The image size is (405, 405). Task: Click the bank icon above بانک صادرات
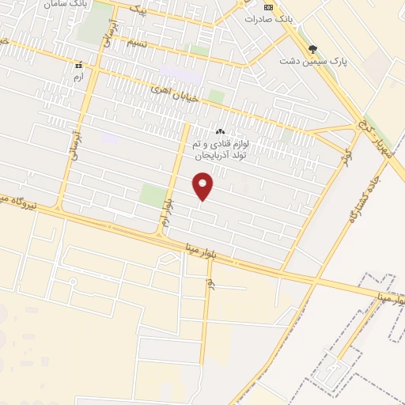(268, 7)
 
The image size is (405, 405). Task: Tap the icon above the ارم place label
(77, 65)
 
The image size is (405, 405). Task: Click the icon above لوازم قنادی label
(220, 131)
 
